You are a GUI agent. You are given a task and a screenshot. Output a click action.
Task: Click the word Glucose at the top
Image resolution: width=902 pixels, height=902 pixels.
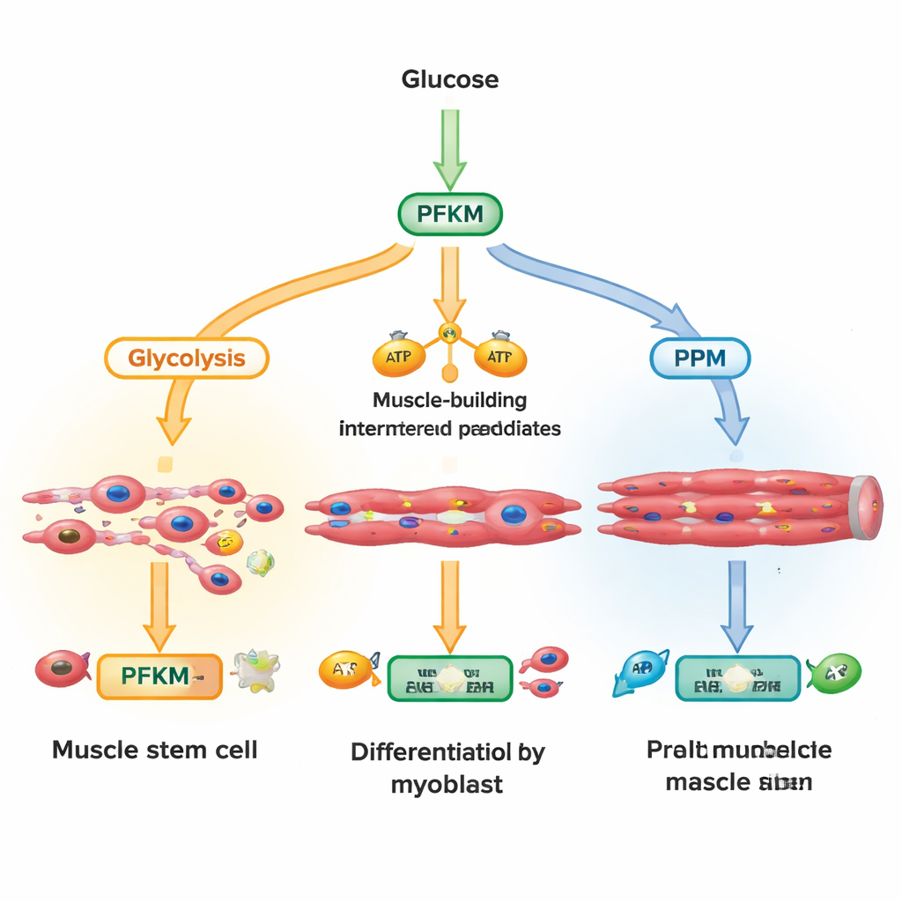click(x=450, y=79)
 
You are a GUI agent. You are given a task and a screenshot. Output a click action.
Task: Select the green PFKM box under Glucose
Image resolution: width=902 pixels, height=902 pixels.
click(x=450, y=215)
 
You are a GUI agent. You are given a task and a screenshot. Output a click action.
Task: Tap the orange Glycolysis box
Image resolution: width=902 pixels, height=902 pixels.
click(x=186, y=359)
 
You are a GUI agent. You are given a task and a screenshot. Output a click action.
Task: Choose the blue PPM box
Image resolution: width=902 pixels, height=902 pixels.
click(x=699, y=359)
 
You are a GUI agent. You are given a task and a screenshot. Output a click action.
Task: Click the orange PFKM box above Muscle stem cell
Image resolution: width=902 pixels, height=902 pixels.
click(x=159, y=676)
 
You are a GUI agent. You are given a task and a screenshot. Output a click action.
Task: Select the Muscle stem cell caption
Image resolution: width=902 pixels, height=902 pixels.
click(x=155, y=750)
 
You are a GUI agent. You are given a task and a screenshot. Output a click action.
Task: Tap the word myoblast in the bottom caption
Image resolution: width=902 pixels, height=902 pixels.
click(x=447, y=784)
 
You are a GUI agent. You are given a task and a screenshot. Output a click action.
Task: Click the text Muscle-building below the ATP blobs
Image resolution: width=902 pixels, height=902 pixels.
click(x=450, y=400)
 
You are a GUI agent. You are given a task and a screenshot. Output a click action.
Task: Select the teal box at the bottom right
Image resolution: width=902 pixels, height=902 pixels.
click(x=738, y=677)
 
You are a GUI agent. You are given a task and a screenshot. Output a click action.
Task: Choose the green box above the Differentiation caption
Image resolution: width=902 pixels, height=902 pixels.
click(x=449, y=677)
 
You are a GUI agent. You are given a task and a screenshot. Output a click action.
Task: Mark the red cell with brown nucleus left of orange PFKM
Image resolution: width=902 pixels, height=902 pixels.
click(x=62, y=669)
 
